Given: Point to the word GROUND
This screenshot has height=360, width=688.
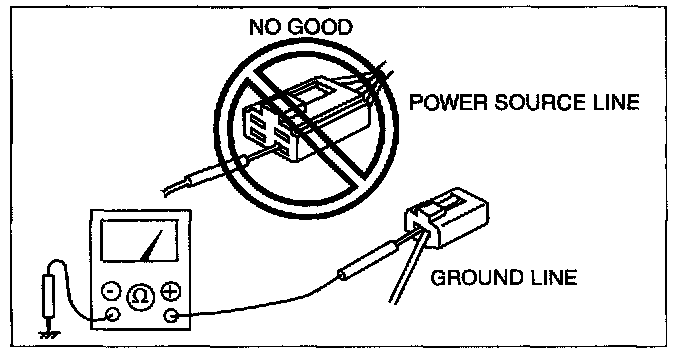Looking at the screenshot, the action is (477, 278).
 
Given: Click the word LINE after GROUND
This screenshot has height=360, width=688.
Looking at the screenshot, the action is (553, 278).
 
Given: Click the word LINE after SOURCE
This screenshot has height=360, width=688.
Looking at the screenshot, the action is (615, 102).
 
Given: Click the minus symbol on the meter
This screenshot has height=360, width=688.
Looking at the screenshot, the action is (111, 291).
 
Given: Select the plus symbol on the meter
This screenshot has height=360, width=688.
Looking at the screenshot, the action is (171, 291).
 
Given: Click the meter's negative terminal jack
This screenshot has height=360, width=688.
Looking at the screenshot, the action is (113, 314).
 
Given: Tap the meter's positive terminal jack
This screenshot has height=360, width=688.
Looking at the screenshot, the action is (171, 315).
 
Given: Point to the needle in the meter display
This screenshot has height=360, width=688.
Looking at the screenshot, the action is (151, 246).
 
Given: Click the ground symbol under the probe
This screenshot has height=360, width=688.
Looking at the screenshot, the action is (47, 335).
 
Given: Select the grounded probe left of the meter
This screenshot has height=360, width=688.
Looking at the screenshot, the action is (48, 297).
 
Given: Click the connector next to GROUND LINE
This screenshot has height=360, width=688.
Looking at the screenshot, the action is (448, 217).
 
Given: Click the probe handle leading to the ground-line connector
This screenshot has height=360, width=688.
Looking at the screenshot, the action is (369, 259).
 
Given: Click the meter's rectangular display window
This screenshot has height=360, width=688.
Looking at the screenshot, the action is (140, 241).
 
